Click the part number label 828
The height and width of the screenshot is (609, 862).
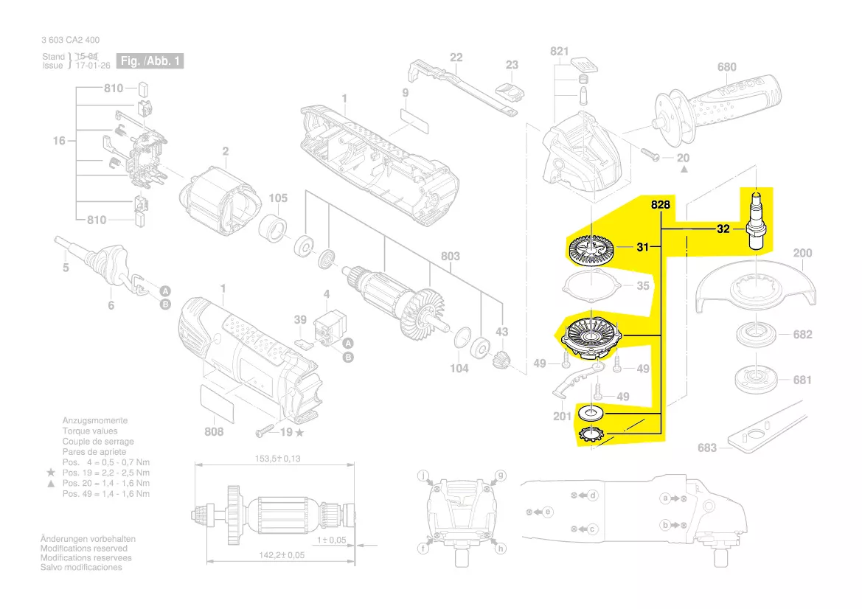660,206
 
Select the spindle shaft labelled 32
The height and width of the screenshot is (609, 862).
756,220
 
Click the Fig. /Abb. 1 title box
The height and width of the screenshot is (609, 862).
150,61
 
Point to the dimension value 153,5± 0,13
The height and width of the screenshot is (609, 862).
272,459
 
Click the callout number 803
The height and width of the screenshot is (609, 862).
450,257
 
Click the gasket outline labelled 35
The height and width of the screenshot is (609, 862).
589,283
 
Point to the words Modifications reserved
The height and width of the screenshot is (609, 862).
83,549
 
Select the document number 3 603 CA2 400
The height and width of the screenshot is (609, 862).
71,40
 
